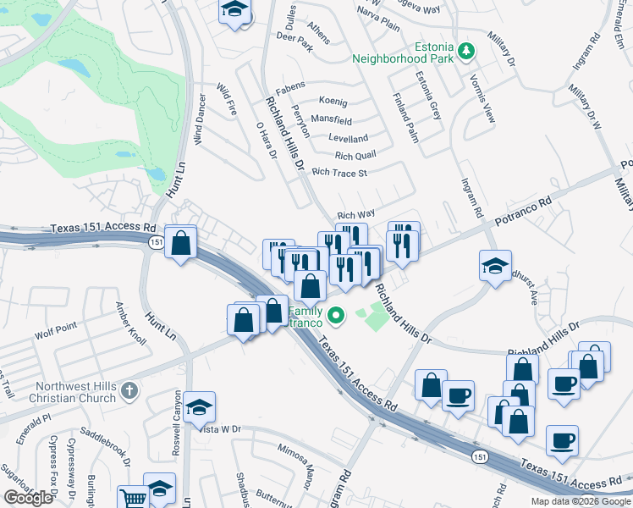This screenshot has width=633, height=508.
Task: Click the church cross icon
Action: tap(128, 391)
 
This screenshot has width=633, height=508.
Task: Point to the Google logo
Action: tap(28, 498)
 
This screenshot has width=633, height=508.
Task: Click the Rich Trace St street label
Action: tap(339, 173)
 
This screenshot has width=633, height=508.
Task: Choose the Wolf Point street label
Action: tap(56, 325)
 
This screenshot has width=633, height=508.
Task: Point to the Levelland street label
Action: tap(348, 138)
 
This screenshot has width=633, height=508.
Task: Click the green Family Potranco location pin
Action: tap(336, 317)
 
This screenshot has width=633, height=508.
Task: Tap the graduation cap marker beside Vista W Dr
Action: tap(199, 407)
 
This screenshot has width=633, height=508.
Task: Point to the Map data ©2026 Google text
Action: tap(580, 501)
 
